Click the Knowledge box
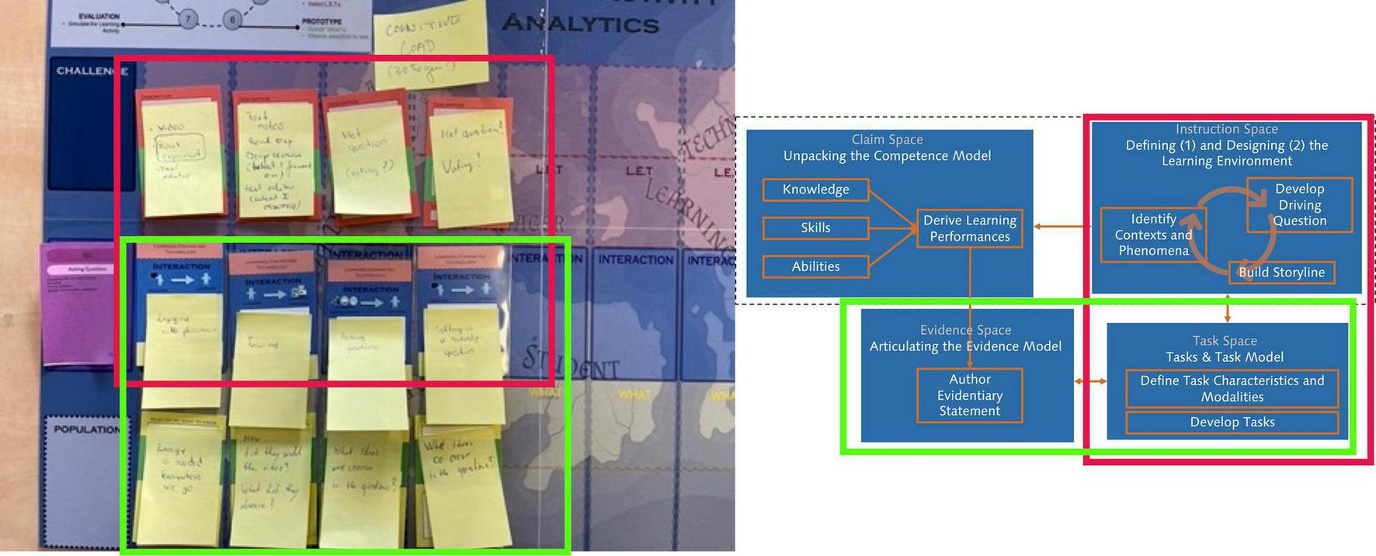point(815,189)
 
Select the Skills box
point(815,228)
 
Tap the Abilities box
point(815,266)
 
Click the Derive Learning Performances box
point(969,228)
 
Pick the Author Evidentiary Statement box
point(969,395)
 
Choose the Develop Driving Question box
point(1299,205)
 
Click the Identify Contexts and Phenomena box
point(1153,235)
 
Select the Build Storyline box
point(1281,272)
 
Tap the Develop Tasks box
point(1232,422)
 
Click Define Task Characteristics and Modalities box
point(1232,388)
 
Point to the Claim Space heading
point(887,140)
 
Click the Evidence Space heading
point(965,330)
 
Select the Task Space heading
point(1225,341)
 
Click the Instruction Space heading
point(1226,130)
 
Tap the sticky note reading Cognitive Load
point(427,47)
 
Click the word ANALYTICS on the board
point(580,25)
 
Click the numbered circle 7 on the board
point(187,19)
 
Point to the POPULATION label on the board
point(86,429)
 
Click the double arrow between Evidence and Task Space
point(1090,381)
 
